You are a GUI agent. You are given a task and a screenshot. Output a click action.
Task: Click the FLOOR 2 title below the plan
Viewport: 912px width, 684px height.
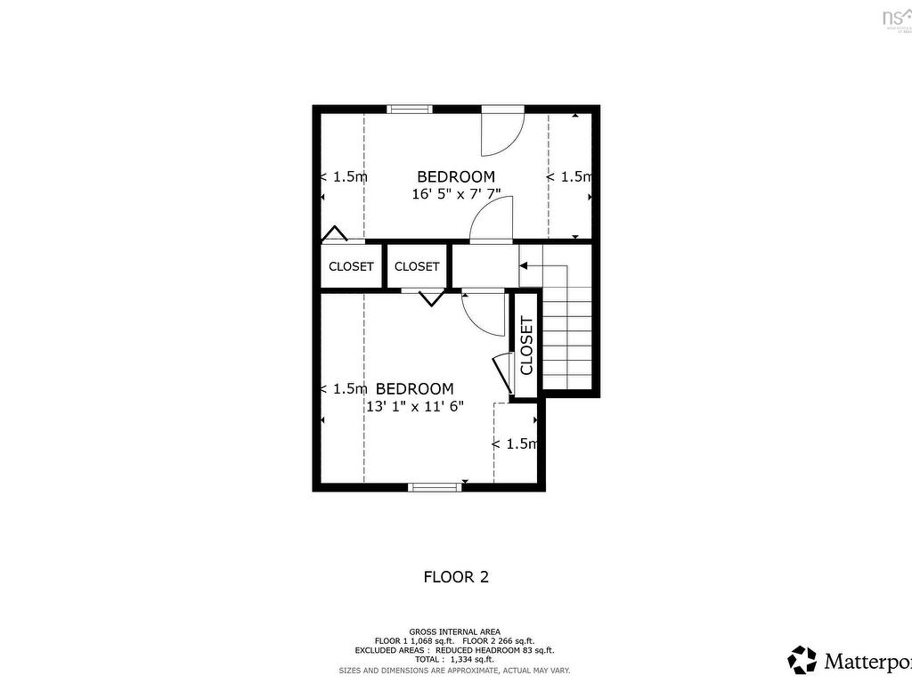pyautogui.click(x=456, y=577)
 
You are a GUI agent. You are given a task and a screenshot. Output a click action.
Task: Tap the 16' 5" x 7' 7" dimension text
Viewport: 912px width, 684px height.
pyautogui.click(x=456, y=194)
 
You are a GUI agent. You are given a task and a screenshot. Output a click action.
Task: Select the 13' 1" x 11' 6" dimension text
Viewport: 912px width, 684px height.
pyautogui.click(x=415, y=406)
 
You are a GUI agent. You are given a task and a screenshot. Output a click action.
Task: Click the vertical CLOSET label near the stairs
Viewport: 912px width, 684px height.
pyautogui.click(x=525, y=346)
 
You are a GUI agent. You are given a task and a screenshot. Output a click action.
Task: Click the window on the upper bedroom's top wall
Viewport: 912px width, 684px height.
pyautogui.click(x=410, y=110)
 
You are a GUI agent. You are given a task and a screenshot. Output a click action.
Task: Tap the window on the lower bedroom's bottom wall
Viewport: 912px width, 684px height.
pyautogui.click(x=435, y=486)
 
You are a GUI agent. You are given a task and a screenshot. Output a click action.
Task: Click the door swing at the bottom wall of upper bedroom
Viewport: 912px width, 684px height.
pyautogui.click(x=493, y=220)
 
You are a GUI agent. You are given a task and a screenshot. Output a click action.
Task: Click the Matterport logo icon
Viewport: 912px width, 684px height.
pyautogui.click(x=802, y=660)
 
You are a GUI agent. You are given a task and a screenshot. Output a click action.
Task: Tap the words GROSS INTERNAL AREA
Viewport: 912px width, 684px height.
pyautogui.click(x=454, y=631)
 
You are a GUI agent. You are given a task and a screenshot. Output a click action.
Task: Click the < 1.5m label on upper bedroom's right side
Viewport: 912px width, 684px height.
pyautogui.click(x=569, y=176)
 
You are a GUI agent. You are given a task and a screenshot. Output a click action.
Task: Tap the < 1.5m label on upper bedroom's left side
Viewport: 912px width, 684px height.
pyautogui.click(x=343, y=176)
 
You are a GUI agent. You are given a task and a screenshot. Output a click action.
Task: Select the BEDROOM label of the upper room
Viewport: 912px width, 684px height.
pyautogui.click(x=456, y=176)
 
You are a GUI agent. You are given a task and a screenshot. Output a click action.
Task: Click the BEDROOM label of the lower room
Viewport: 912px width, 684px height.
pyautogui.click(x=414, y=389)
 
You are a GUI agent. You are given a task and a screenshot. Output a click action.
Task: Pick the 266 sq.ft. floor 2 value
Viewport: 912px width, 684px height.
pyautogui.click(x=517, y=641)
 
